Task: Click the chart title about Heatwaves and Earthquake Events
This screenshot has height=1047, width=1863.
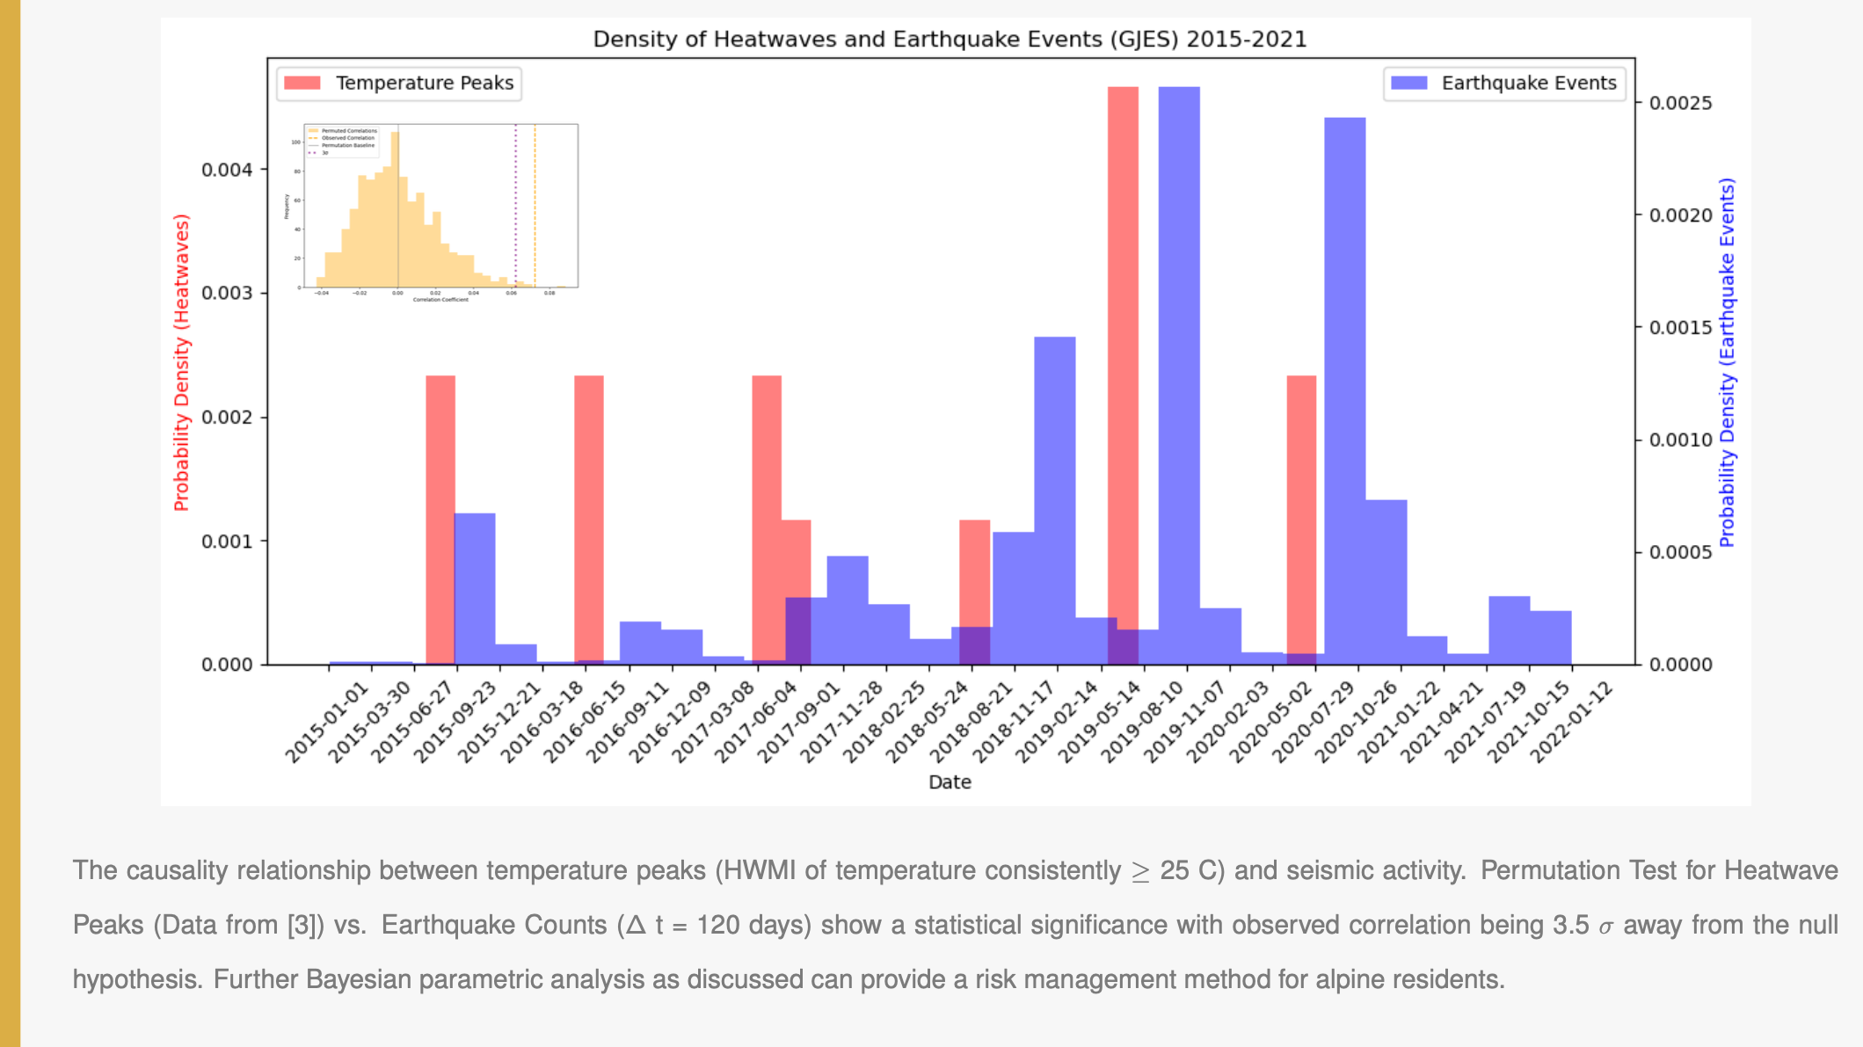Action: [x=950, y=40]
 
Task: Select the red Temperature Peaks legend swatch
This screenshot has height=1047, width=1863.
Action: [x=302, y=83]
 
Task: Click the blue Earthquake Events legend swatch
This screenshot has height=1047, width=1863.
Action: [x=1408, y=83]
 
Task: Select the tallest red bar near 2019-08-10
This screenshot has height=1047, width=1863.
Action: [x=1123, y=352]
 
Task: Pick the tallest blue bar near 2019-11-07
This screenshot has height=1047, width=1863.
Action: [x=1179, y=352]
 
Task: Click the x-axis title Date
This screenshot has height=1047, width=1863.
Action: [x=950, y=782]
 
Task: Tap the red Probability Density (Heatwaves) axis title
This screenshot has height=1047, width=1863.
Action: [x=181, y=362]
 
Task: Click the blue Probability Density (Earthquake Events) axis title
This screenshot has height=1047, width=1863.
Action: [x=1727, y=362]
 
